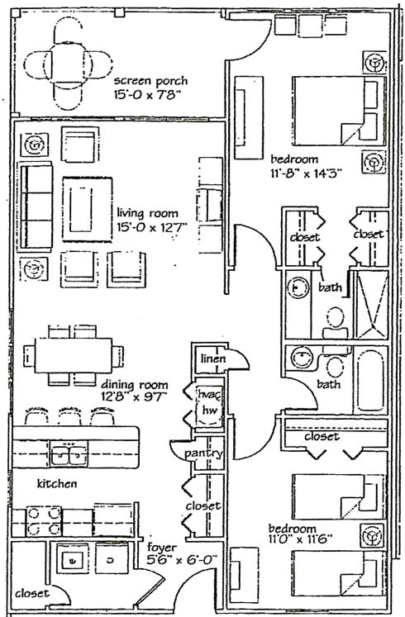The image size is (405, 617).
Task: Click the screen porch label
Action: point(150,82)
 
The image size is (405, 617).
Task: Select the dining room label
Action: point(135,385)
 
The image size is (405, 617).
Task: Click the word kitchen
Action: point(57,483)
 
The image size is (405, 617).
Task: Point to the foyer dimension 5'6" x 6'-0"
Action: point(182,560)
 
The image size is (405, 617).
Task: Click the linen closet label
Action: point(213,358)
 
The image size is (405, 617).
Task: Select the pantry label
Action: point(203,453)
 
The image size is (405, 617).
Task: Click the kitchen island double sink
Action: point(69,453)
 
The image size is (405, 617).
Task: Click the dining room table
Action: point(74,355)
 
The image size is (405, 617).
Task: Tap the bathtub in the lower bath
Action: point(370,380)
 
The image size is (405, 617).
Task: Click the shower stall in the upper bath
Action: point(371,304)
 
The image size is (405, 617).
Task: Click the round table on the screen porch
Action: point(68,64)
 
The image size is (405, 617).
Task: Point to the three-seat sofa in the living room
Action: point(36,206)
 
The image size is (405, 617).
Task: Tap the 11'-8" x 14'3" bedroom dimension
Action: point(306,173)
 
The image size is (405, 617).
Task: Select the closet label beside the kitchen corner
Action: point(32,593)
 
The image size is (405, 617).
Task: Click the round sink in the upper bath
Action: point(298,288)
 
